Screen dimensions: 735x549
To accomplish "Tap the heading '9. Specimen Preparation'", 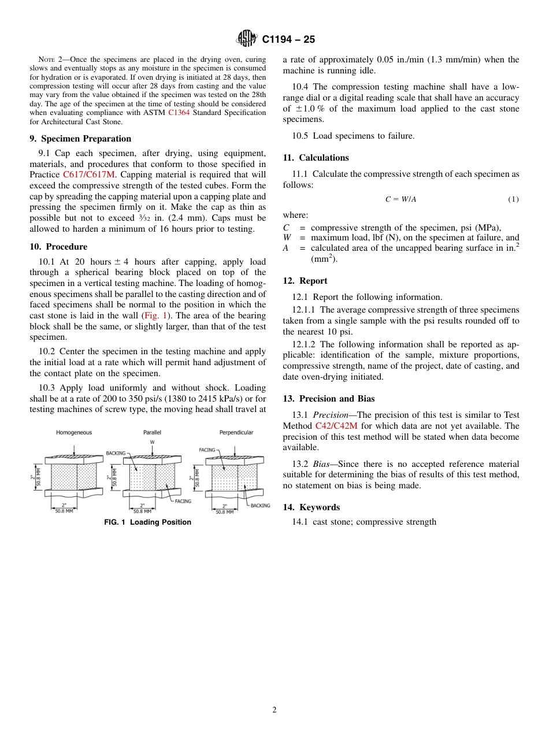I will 80,139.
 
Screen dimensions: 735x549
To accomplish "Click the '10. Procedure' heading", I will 58,247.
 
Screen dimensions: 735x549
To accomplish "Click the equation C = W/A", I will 400,199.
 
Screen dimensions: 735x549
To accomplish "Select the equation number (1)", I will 513,199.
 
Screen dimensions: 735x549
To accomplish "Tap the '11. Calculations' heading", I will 316,158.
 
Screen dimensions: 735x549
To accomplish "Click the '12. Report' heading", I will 305,281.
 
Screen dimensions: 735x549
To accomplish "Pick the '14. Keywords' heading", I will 311,507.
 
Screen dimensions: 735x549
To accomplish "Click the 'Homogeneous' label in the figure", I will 73,432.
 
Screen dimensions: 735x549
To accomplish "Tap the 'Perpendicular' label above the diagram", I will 236,432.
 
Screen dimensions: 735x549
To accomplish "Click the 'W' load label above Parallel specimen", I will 152,441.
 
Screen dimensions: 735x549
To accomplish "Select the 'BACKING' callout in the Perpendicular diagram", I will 260,506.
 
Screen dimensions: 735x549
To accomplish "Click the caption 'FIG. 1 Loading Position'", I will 147,522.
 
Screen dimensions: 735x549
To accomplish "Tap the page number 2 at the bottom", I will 274,710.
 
